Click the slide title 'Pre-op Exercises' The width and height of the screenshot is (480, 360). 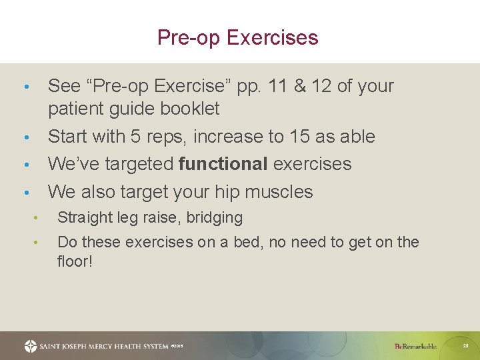(x=237, y=37)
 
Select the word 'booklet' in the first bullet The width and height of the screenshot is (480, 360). (x=191, y=108)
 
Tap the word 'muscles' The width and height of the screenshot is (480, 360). (x=278, y=192)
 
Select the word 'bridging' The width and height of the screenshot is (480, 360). (x=215, y=218)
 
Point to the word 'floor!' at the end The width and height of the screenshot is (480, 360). (x=75, y=261)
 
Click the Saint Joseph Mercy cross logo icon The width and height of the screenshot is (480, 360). (x=31, y=346)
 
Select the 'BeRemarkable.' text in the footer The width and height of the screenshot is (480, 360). (x=415, y=346)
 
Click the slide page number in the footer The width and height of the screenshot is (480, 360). (x=466, y=346)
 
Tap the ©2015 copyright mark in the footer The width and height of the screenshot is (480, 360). (x=177, y=346)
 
